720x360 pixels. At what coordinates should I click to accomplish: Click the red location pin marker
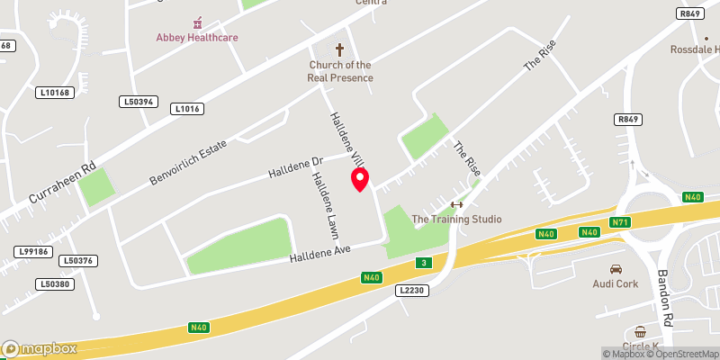[360, 179]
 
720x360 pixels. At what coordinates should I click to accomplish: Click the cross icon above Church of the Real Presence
[340, 50]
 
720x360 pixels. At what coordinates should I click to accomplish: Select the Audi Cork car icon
[616, 269]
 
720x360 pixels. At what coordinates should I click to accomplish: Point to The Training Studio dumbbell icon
[456, 204]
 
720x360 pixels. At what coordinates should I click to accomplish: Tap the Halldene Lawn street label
[323, 205]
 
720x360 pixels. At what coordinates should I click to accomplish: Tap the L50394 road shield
[138, 102]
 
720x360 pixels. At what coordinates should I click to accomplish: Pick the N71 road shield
[619, 222]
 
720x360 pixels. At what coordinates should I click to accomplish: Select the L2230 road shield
[409, 290]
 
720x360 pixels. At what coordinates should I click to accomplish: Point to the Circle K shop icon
[640, 333]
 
